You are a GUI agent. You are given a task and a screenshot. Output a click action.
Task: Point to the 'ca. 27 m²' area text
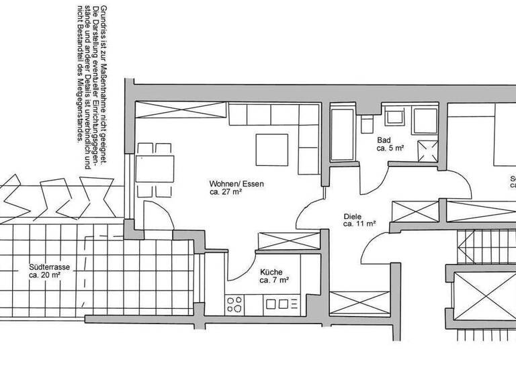[226, 192]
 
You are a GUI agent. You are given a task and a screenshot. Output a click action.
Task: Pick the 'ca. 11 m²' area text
[359, 224]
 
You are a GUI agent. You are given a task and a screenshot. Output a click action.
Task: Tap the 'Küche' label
[271, 271]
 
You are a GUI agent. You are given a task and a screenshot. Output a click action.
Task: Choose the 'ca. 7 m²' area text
[275, 280]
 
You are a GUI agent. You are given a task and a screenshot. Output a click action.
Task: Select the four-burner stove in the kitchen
[236, 305]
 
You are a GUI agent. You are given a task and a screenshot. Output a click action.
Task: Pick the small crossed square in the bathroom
[427, 149]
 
